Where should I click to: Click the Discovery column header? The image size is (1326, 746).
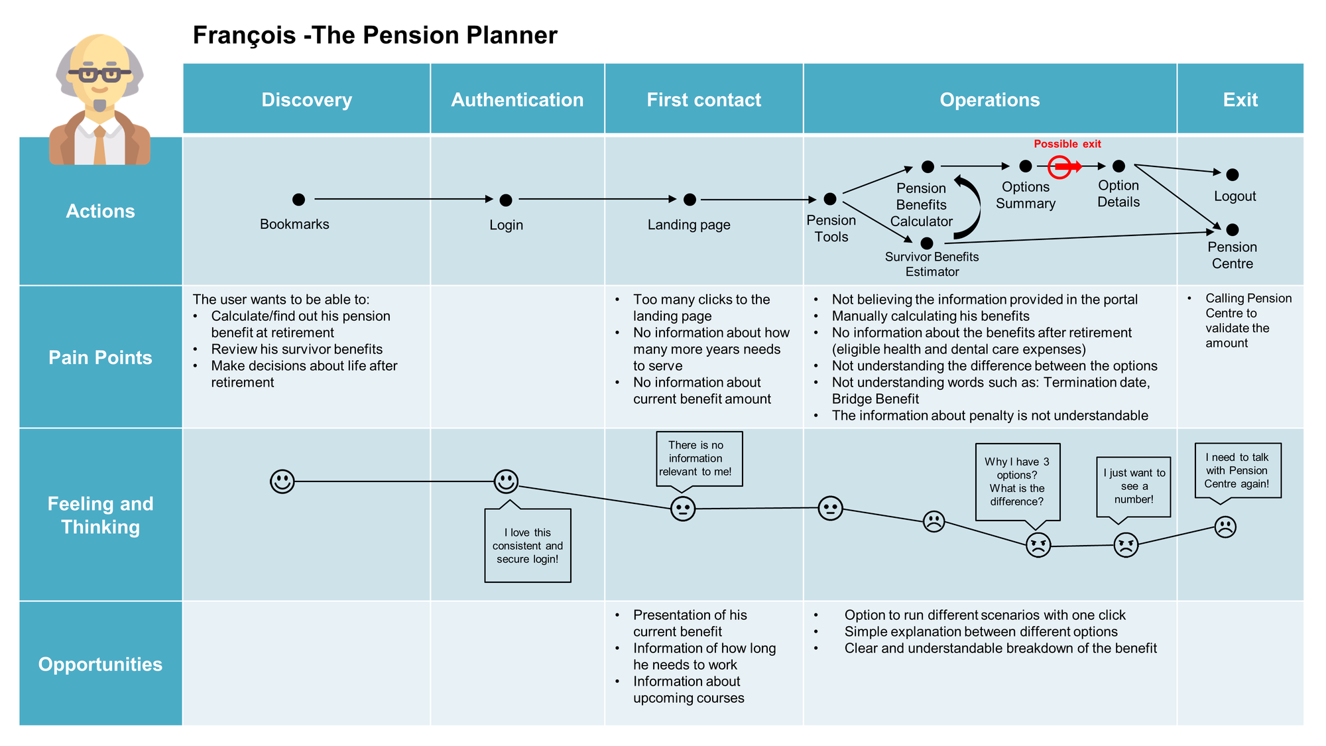tap(306, 99)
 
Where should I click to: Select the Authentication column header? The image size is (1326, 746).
tap(517, 99)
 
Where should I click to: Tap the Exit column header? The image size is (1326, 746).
tap(1240, 99)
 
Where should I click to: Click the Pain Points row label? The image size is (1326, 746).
tap(100, 357)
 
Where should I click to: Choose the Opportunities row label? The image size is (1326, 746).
tap(100, 664)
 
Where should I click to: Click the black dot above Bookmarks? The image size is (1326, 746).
tap(298, 199)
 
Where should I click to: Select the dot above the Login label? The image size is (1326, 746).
tap(506, 200)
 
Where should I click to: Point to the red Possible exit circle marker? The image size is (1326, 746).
tap(1060, 166)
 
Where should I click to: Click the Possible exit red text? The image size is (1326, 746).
tap(1067, 144)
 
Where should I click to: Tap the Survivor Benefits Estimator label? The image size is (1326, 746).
tap(932, 264)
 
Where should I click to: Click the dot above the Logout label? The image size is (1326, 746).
tap(1232, 175)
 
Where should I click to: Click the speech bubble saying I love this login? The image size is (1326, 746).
tap(528, 545)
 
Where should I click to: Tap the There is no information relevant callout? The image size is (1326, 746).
tap(699, 459)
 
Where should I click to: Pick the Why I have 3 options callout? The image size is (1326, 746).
tap(1017, 481)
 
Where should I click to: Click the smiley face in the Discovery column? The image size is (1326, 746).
tap(282, 481)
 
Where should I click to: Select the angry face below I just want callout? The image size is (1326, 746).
tap(1125, 545)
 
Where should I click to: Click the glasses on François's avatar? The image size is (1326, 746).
tap(99, 74)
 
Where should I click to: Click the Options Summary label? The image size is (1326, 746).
tap(1025, 195)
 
